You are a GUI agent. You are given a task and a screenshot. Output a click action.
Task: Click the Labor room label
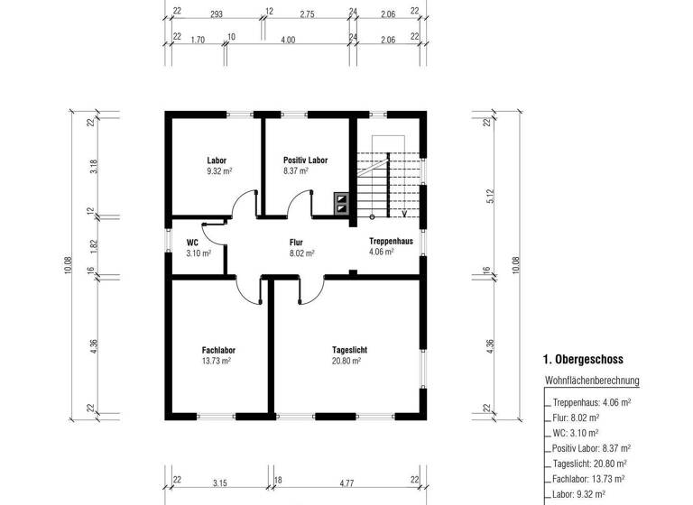coord(217,161)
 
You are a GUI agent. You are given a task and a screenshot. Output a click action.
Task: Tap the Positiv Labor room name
coord(305,161)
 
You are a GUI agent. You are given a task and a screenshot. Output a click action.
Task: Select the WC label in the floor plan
coord(192,243)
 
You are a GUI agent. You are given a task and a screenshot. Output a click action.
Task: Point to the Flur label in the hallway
coord(295,243)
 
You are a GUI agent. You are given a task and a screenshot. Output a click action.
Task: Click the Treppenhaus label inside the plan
coord(390,242)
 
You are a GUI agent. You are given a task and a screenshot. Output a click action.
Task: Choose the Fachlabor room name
coord(218,350)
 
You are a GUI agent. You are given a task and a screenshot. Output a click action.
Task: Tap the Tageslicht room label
coord(349,350)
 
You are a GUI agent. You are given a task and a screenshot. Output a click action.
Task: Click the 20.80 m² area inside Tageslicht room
coord(346,361)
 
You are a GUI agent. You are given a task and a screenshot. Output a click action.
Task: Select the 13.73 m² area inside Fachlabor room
coord(217,361)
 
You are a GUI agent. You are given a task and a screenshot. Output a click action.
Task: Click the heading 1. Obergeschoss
coord(583,359)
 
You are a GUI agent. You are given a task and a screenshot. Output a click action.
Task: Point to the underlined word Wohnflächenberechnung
coord(592,381)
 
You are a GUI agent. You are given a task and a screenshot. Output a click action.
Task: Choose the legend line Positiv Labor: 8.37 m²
coord(591,448)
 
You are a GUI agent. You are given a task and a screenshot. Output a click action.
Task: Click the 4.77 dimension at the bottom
coord(346,483)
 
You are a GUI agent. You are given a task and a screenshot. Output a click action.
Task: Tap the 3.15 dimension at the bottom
coord(219,483)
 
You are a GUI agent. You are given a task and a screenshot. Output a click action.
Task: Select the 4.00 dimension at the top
coord(288,41)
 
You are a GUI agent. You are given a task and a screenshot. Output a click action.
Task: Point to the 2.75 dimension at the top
coord(308,14)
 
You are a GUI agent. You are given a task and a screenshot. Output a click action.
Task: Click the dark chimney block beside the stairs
coord(344,203)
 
